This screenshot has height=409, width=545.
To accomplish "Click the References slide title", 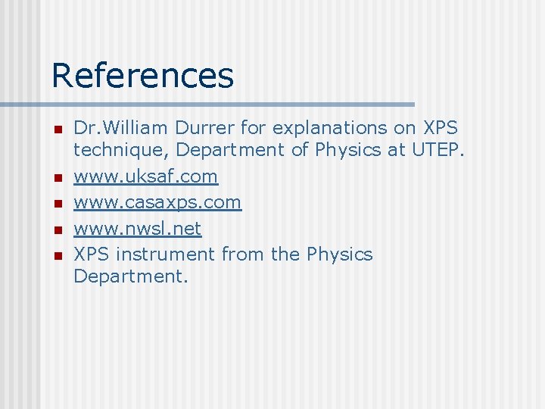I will (x=142, y=76).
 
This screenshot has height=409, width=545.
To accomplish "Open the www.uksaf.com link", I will (x=145, y=177).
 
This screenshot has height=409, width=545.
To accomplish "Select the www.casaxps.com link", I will (x=157, y=203).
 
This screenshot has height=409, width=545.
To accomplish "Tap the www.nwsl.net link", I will (x=138, y=229).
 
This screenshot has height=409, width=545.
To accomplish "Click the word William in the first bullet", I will (x=142, y=127).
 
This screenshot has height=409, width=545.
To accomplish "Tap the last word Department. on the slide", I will (x=130, y=277).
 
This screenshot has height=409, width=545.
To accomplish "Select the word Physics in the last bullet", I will (x=339, y=254).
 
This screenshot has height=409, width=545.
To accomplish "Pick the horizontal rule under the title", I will (x=207, y=104).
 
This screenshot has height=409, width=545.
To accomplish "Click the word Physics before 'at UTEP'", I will (x=347, y=150).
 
